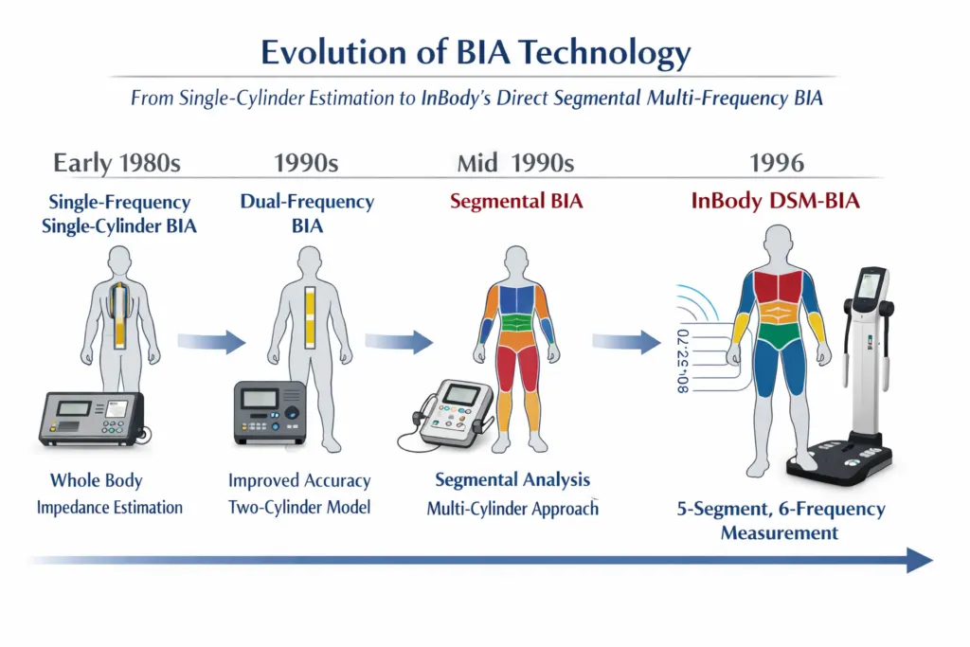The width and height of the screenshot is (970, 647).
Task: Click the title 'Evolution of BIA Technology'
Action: (x=476, y=53)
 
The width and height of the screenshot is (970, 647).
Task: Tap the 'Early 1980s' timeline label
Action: (x=117, y=163)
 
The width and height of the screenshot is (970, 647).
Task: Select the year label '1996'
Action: (x=777, y=163)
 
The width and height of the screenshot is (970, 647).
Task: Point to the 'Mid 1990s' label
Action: (x=515, y=163)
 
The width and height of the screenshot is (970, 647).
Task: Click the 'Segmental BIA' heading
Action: (x=516, y=201)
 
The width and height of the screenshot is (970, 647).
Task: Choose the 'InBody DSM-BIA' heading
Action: (x=775, y=201)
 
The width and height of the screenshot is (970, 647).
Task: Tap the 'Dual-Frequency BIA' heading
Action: (x=307, y=213)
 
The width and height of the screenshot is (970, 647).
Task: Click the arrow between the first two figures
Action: (x=211, y=341)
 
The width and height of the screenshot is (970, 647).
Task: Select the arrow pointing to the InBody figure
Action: (x=626, y=341)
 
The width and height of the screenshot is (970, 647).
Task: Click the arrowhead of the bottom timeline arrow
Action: (x=920, y=561)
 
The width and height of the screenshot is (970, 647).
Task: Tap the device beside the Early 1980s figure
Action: (x=93, y=419)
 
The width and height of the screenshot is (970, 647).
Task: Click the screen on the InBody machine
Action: (x=870, y=285)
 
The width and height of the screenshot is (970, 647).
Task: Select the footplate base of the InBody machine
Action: (x=839, y=459)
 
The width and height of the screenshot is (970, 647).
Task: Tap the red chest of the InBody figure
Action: (x=778, y=288)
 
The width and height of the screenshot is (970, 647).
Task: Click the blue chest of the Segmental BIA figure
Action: (x=516, y=300)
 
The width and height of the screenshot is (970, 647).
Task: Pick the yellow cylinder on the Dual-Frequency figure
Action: (x=310, y=316)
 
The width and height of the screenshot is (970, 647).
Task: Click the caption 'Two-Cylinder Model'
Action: (x=299, y=507)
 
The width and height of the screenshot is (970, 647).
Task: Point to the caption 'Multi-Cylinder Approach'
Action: (x=512, y=509)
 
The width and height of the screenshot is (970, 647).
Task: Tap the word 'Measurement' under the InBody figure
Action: (x=780, y=532)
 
